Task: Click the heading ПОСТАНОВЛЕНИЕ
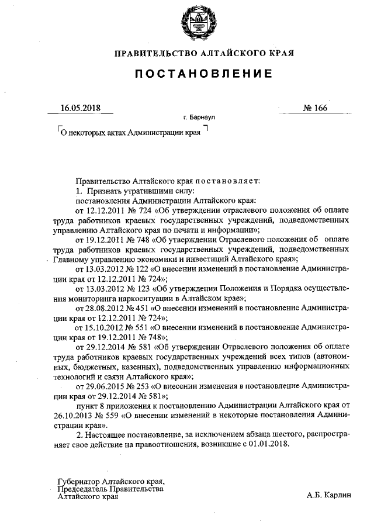coord(204,74)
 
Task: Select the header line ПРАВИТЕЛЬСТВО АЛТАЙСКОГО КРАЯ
coord(204,53)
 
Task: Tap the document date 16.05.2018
coord(81,108)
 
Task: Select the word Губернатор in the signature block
coord(78,481)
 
